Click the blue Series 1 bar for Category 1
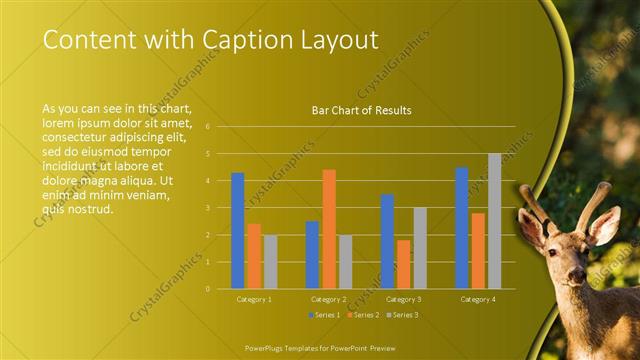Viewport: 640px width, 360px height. click(x=238, y=231)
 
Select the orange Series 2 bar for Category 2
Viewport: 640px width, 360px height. click(x=329, y=229)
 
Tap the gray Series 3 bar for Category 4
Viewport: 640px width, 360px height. click(x=494, y=221)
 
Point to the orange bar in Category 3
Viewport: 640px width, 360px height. click(x=403, y=264)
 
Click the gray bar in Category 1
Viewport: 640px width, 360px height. click(x=270, y=262)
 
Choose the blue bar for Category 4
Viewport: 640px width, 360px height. click(x=462, y=228)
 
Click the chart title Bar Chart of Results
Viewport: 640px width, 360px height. click(x=362, y=110)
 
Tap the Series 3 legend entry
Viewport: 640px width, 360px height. click(x=401, y=315)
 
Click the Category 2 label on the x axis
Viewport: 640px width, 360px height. click(x=329, y=299)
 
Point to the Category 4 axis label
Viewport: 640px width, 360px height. click(x=478, y=299)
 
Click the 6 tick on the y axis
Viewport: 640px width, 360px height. click(x=206, y=127)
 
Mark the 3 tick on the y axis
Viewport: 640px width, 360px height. click(x=206, y=208)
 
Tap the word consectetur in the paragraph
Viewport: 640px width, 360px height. click(x=80, y=137)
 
